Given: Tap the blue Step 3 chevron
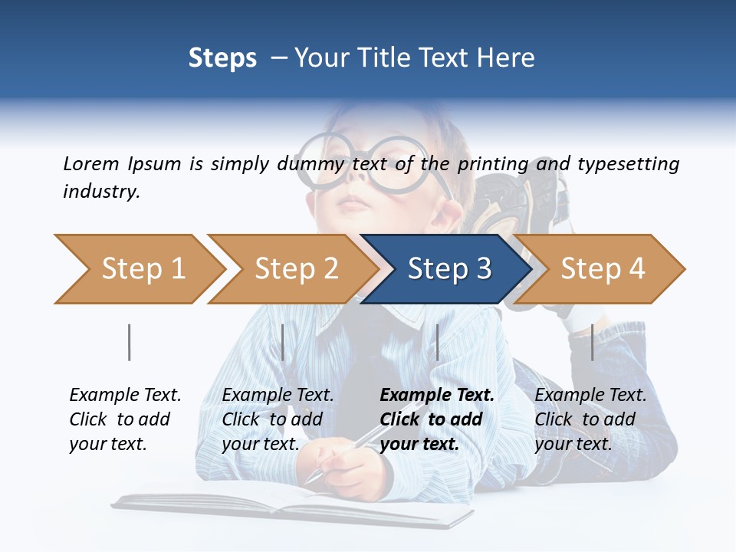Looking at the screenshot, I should (447, 269).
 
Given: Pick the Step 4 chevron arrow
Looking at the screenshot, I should (600, 269).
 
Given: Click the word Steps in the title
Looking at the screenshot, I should (222, 58).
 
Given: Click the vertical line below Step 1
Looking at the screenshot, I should (129, 342).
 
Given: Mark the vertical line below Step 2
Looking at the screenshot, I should (283, 342).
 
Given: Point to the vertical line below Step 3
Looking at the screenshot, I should (437, 342).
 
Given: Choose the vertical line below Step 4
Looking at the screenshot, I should (592, 342).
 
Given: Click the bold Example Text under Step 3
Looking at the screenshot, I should (437, 396).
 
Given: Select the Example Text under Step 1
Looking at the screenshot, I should (125, 396).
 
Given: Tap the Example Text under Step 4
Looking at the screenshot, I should (590, 396).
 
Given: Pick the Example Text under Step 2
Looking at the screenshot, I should (278, 396).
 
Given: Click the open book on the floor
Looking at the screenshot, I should (291, 506).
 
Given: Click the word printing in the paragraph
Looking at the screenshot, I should (493, 163).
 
